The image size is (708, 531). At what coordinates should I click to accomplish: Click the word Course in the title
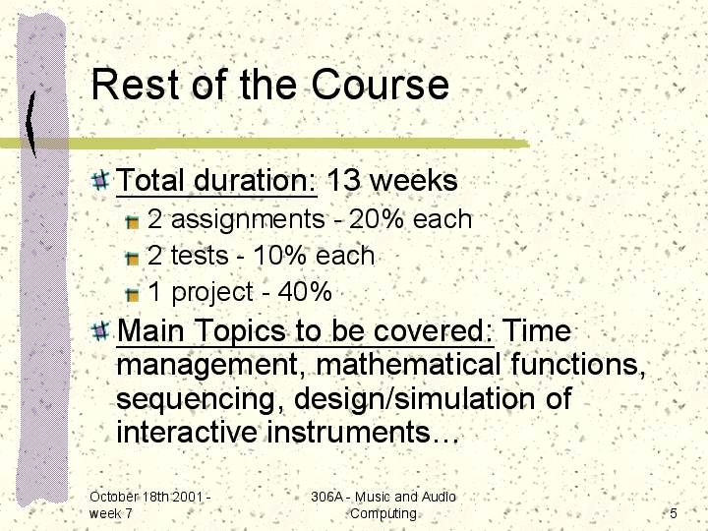click(x=381, y=85)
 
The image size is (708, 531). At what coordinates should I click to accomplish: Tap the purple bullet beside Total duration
click(x=100, y=180)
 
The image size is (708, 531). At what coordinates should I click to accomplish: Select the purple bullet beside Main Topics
click(x=100, y=331)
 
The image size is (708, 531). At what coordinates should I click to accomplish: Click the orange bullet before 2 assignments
click(x=132, y=221)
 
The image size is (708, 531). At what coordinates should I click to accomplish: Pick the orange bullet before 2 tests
click(x=132, y=259)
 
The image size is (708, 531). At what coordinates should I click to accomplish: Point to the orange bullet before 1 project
click(x=132, y=294)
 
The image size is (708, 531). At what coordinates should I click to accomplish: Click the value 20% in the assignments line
click(x=376, y=219)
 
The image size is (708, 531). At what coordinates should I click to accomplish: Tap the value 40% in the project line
click(x=305, y=292)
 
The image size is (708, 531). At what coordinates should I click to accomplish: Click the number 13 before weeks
click(x=343, y=180)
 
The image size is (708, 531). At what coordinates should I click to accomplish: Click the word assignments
click(x=248, y=220)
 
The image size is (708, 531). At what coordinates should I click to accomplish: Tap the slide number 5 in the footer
click(x=674, y=513)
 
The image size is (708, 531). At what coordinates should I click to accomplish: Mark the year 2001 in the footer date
click(x=187, y=497)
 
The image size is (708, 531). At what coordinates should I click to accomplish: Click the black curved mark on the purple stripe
click(x=30, y=124)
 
